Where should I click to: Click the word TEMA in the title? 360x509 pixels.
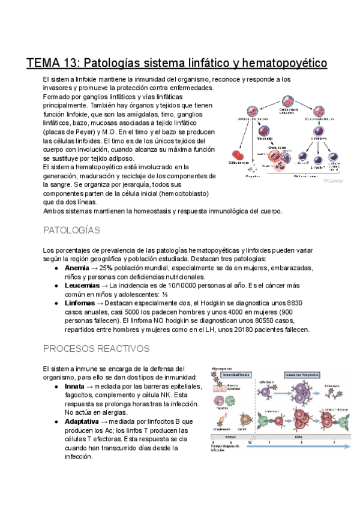pyautogui.click(x=45, y=62)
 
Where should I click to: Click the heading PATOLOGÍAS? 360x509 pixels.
pyautogui.click(x=72, y=230)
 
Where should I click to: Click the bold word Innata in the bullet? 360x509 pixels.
pyautogui.click(x=75, y=386)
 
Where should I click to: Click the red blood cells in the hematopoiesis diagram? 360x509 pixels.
pyautogui.click(x=239, y=158)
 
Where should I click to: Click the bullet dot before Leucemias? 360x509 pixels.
pyautogui.click(x=56, y=286)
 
